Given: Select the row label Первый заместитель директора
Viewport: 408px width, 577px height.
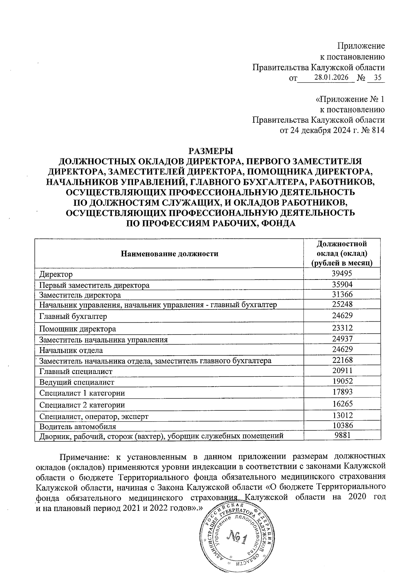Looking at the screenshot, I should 94,285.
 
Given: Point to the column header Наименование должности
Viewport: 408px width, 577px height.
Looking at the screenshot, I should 169,254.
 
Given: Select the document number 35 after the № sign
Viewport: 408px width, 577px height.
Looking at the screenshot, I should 377,77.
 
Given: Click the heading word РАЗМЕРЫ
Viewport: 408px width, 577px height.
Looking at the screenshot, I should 210,150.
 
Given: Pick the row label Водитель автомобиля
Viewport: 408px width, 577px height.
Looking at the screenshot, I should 78,426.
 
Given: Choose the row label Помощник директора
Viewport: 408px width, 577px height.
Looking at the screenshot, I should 78,329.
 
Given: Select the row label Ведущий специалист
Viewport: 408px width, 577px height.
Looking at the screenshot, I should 77,382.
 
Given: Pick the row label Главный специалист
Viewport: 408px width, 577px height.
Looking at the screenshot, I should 76,371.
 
